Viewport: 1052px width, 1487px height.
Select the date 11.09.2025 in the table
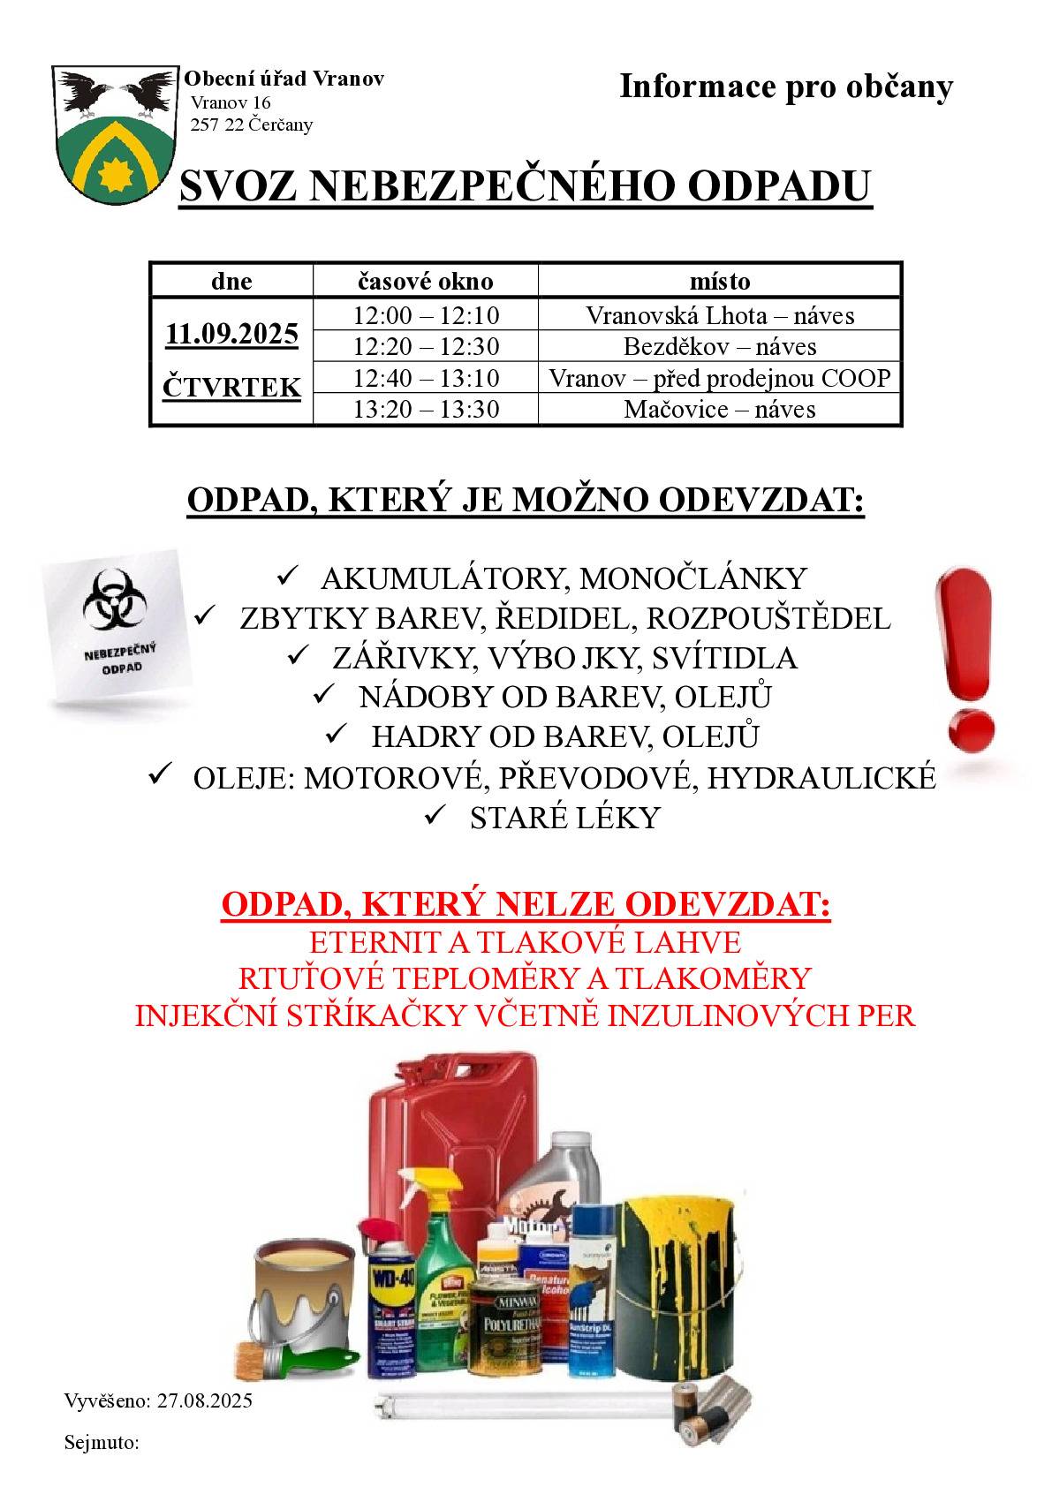point(231,335)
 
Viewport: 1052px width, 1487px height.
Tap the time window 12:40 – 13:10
point(426,378)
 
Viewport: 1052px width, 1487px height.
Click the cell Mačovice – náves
point(719,410)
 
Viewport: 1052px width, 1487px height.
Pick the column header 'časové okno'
point(425,281)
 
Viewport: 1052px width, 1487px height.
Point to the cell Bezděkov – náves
point(719,346)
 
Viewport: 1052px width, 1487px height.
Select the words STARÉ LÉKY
point(564,819)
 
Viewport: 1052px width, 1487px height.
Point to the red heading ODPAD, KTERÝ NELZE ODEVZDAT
point(526,905)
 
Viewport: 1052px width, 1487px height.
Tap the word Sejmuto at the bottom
point(101,1443)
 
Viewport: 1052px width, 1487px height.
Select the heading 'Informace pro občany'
point(786,87)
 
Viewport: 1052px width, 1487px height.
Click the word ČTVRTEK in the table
point(231,387)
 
